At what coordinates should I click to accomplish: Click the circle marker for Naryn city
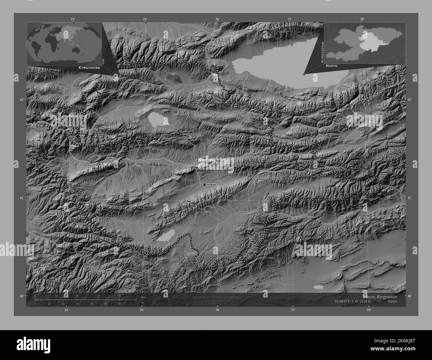218,160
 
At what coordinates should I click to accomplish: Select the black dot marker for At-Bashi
204,184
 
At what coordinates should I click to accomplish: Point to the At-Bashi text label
212,184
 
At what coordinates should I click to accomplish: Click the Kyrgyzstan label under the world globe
89,67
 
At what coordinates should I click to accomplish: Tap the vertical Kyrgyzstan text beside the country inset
322,52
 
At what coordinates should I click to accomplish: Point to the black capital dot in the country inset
364,28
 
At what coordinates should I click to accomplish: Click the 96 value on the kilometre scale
119,296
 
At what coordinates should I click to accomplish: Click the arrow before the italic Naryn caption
381,301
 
